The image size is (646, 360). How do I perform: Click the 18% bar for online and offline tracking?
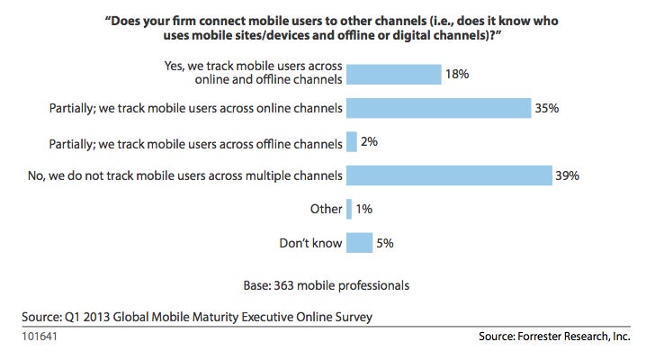(x=393, y=74)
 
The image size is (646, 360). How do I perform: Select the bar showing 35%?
(x=438, y=108)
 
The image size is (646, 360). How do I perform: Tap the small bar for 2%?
(x=351, y=141)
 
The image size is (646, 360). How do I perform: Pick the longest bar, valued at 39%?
(x=448, y=175)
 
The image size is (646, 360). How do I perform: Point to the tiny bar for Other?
(x=349, y=209)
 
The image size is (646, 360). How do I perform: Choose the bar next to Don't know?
(x=359, y=242)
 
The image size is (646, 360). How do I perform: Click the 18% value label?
(x=457, y=74)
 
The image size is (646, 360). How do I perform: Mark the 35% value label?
(x=547, y=108)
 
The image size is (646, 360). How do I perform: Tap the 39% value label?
(x=567, y=175)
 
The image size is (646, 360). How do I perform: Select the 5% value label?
(x=385, y=242)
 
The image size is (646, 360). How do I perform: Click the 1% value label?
(x=364, y=209)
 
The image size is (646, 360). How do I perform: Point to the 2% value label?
(x=369, y=141)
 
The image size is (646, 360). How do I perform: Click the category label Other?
(x=326, y=209)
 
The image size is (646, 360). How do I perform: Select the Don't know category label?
(x=312, y=242)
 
